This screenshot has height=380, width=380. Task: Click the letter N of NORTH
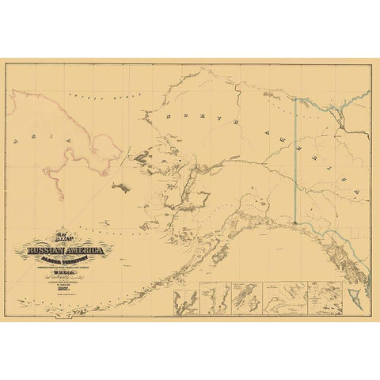pyautogui.click(x=168, y=115)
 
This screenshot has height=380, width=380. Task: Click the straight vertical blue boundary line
pyautogui.click(x=294, y=158)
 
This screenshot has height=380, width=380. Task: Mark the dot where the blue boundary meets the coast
pyautogui.click(x=294, y=223)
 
